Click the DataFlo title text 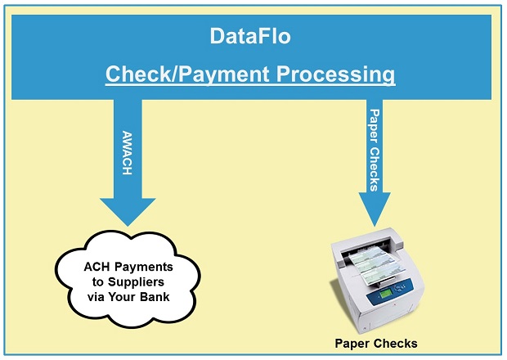250,36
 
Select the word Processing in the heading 335,74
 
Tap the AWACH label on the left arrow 128,153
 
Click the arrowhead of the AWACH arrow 128,212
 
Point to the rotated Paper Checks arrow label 375,150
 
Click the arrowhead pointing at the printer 375,209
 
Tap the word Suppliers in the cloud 136,282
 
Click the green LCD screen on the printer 386,294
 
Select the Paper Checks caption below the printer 376,344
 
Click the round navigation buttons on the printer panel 401,287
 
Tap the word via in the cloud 96,297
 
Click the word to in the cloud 97,282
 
